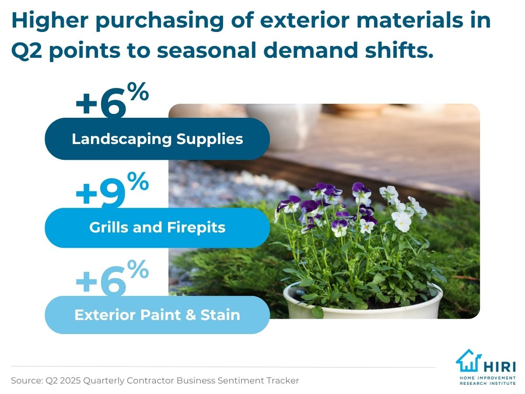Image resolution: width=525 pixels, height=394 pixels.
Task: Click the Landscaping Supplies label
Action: click(157, 139)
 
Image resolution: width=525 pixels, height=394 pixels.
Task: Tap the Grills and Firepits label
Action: click(157, 227)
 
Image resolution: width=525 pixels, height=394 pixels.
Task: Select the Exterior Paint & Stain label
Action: click(157, 315)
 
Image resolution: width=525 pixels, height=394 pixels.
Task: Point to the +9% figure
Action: click(112, 190)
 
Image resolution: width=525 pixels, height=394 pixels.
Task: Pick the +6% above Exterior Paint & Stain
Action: click(112, 278)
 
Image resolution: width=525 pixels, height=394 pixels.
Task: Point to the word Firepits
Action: click(196, 228)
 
